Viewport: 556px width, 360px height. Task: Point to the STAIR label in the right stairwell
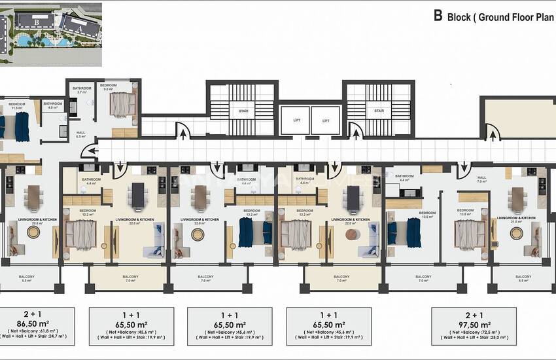click(379, 111)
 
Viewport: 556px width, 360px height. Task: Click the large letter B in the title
click(438, 16)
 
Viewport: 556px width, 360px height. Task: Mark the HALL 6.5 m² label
click(81, 134)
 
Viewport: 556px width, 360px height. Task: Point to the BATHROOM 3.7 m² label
click(82, 90)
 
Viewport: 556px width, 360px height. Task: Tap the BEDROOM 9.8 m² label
click(109, 88)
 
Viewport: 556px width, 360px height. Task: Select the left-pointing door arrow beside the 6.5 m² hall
click(88, 151)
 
